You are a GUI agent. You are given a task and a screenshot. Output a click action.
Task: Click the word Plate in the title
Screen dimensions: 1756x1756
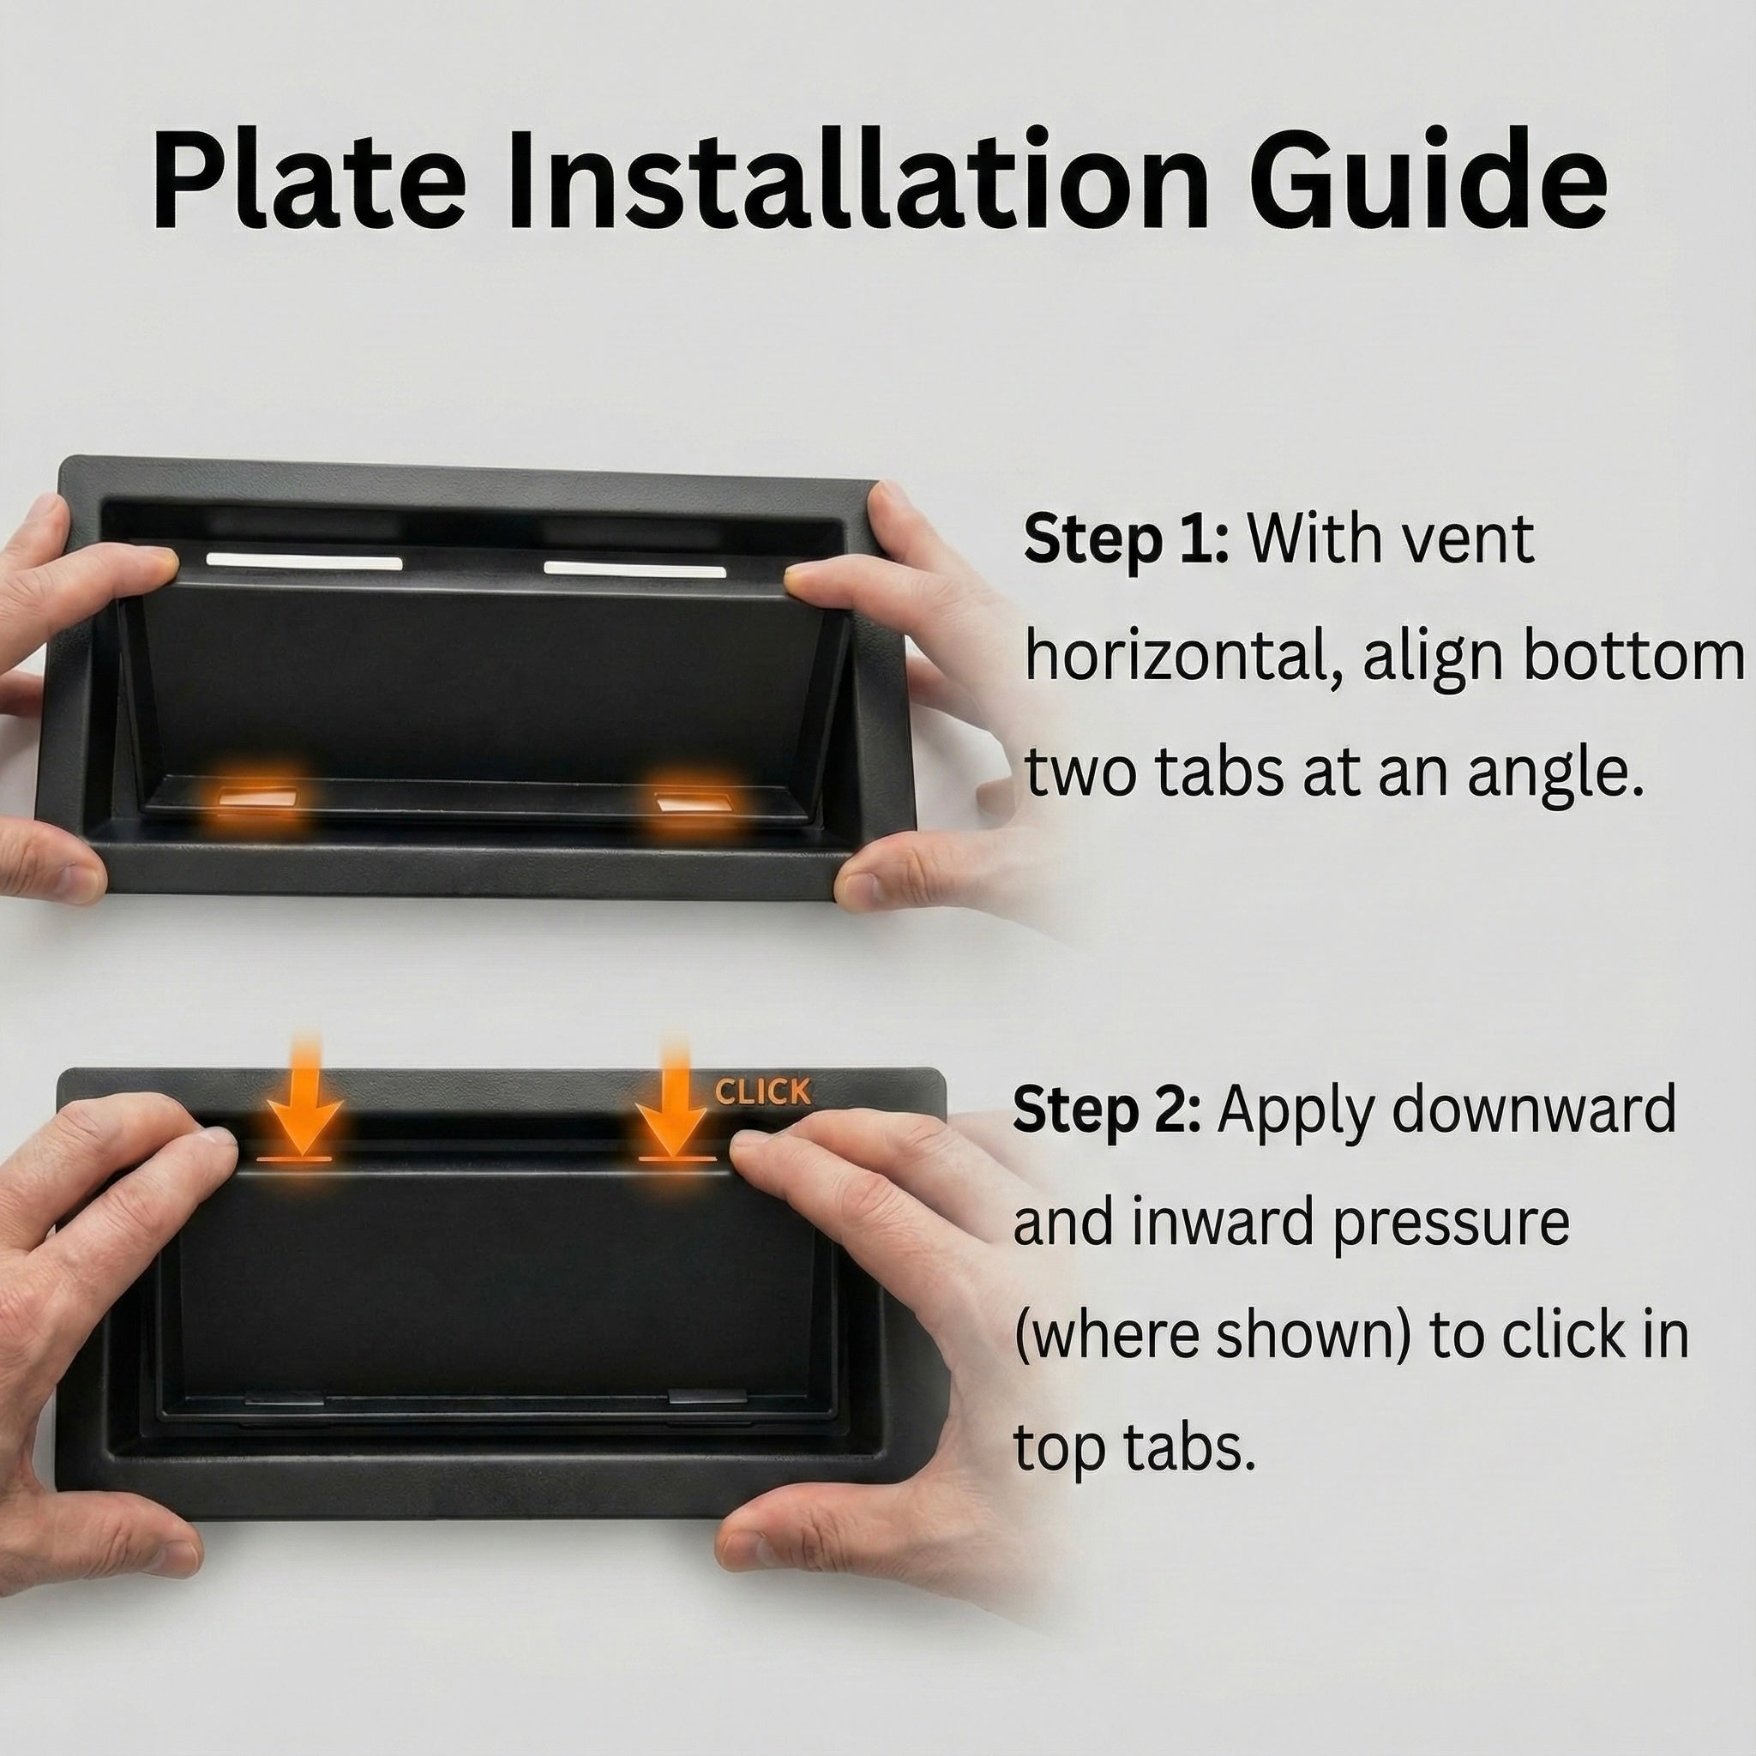coord(309,182)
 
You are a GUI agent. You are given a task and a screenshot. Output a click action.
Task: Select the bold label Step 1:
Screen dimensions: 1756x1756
coord(1125,540)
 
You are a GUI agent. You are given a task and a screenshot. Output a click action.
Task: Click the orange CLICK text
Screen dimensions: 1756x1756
coord(762,1092)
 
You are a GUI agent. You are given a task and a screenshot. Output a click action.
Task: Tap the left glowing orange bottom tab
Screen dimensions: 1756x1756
coord(260,798)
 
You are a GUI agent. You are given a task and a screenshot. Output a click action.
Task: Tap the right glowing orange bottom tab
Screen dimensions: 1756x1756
coord(695,804)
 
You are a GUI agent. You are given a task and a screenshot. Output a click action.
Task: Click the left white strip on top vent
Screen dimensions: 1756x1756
coord(304,561)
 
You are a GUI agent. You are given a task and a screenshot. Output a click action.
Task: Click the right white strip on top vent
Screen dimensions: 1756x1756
coord(634,570)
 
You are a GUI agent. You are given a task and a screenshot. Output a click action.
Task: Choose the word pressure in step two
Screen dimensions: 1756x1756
coord(1452,1224)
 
